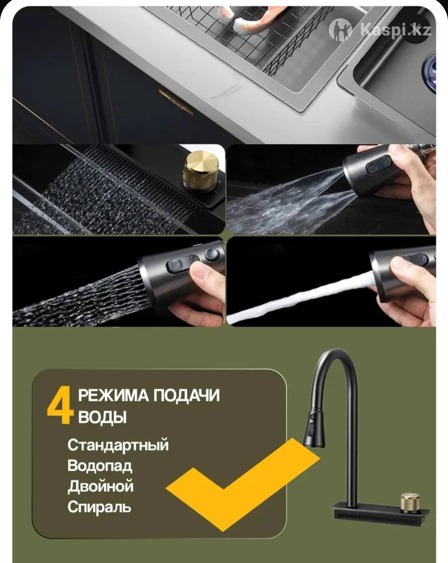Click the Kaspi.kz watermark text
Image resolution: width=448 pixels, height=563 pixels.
[x=395, y=30]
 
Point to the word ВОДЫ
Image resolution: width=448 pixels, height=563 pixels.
[x=102, y=417]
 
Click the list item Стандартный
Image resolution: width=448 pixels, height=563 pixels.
[x=118, y=445]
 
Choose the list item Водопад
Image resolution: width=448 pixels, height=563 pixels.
[x=100, y=466]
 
